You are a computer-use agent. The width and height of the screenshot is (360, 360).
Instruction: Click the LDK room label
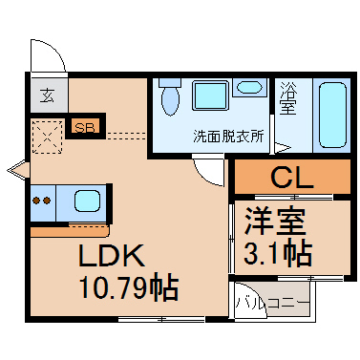[x=112, y=256]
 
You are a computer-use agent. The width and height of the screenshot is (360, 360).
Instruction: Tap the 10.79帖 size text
[x=130, y=288]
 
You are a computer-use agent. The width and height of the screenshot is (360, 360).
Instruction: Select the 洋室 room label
[x=275, y=221]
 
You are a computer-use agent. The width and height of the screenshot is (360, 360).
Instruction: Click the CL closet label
[x=292, y=178]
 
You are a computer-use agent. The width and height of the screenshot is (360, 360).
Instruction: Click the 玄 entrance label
[x=47, y=95]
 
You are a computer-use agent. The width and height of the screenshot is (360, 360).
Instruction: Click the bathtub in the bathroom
[x=332, y=116]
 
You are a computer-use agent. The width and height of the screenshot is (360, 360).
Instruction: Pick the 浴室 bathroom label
[x=288, y=98]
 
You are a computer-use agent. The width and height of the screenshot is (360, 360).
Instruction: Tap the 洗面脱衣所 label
[x=229, y=137]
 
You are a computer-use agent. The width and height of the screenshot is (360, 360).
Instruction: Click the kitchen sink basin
[x=87, y=201]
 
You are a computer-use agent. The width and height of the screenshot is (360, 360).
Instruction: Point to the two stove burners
[x=42, y=201]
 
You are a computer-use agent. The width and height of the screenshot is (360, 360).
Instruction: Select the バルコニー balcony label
[x=272, y=303]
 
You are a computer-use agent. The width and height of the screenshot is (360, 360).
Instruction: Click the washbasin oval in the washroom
[x=249, y=87]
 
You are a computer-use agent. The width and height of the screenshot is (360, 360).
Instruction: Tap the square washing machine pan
[x=210, y=95]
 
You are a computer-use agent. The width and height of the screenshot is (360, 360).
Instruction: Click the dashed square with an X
[x=48, y=137]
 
